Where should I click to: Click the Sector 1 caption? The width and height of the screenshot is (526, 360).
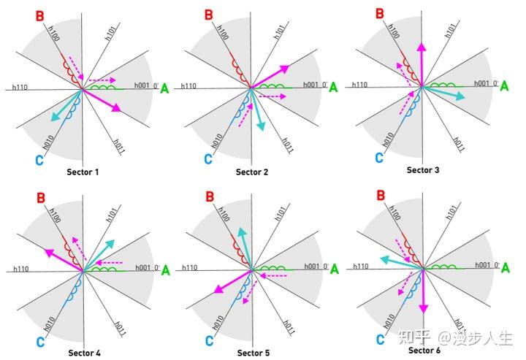point(83,172)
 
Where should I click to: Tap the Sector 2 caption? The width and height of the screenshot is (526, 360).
point(252,172)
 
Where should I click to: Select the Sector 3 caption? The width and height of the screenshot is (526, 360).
point(423,170)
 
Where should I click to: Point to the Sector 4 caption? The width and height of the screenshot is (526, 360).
point(84,353)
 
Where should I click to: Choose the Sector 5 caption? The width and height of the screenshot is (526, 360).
point(254,353)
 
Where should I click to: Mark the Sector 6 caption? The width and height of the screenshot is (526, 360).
point(424,351)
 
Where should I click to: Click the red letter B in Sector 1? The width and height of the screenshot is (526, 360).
point(39,16)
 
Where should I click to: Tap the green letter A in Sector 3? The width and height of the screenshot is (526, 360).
point(504,86)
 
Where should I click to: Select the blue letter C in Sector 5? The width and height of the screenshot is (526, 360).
point(210,341)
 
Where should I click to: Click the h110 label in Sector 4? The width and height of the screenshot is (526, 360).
point(20,269)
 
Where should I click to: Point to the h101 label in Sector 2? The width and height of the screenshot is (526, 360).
point(279,32)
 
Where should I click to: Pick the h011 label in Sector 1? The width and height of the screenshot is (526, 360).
point(119,147)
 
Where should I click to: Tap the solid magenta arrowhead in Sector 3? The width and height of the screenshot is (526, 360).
point(422,47)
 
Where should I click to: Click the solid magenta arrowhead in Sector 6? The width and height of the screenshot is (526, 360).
point(424,308)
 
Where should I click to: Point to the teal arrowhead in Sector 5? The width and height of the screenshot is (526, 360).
point(242,232)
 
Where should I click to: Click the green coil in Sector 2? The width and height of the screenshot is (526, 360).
point(272,86)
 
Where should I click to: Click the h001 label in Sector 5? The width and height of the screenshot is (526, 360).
point(312,266)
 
